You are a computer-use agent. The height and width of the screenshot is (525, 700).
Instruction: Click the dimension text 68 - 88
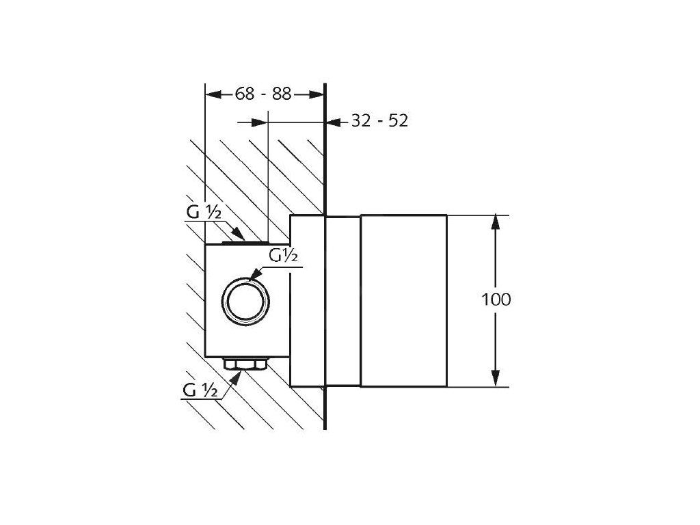click(263, 94)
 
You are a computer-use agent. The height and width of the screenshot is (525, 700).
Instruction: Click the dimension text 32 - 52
click(379, 120)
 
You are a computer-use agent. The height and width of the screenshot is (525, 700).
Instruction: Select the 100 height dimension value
click(496, 299)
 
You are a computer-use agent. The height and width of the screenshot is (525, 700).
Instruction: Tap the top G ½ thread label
click(204, 212)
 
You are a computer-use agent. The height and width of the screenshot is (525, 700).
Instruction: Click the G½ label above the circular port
click(283, 256)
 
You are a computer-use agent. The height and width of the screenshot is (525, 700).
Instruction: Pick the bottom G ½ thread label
click(200, 390)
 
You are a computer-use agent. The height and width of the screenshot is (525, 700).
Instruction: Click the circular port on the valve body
click(245, 301)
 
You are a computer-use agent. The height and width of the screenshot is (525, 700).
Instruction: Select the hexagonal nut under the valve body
click(245, 364)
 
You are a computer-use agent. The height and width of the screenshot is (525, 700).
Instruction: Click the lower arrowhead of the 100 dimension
click(495, 379)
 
